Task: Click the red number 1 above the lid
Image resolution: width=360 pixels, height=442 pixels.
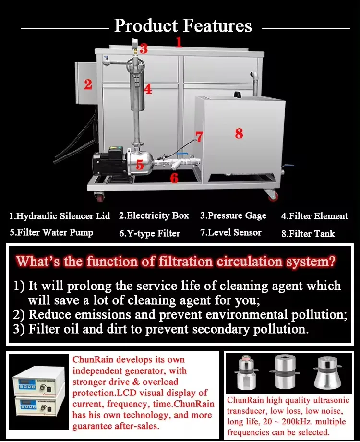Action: [x=179, y=42]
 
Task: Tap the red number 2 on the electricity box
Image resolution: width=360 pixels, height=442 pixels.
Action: [x=88, y=84]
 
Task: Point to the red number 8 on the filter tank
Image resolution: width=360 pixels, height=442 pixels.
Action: [x=239, y=133]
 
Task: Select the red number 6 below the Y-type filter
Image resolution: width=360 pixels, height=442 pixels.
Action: [x=174, y=178]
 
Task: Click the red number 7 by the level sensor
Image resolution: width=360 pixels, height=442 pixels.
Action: [x=199, y=137]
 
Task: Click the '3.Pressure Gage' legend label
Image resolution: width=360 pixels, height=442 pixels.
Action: [x=233, y=215]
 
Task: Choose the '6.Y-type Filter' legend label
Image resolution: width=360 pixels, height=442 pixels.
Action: [x=149, y=233]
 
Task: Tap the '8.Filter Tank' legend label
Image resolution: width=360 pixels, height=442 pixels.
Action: [x=308, y=233]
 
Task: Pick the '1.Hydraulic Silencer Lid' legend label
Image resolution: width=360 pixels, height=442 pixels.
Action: [x=60, y=216]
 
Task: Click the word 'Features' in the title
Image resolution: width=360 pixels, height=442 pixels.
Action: [x=218, y=25]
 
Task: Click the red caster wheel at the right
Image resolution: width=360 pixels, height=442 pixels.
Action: [x=273, y=196]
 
